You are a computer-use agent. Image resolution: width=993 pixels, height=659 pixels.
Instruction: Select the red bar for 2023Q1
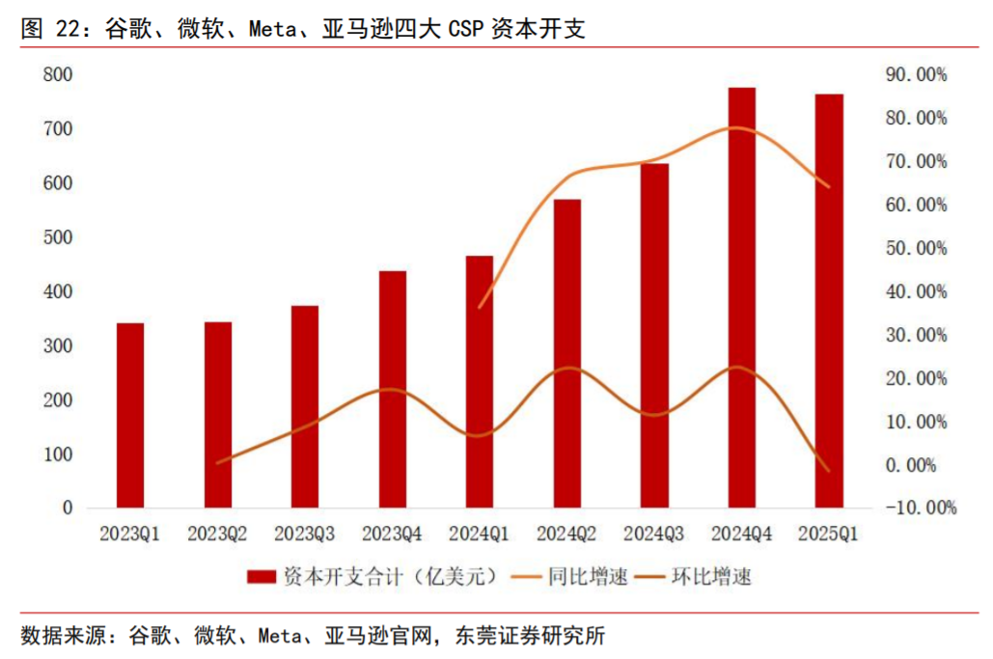click(x=129, y=415)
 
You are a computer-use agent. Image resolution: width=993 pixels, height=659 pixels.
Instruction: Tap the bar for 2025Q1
click(x=829, y=300)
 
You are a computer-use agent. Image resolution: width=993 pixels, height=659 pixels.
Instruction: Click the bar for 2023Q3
click(x=305, y=406)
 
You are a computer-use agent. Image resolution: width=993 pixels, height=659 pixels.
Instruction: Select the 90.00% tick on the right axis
click(x=916, y=74)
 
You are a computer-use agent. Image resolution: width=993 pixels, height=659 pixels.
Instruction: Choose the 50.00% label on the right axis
click(x=916, y=248)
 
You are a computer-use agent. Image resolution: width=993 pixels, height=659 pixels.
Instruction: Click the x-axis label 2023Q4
click(x=392, y=533)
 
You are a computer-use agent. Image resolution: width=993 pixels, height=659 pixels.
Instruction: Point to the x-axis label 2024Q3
click(x=654, y=533)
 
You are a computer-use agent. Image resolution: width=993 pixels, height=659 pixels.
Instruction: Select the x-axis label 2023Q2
click(x=217, y=533)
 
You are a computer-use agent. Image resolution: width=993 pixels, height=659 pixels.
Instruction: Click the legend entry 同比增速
click(x=588, y=577)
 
